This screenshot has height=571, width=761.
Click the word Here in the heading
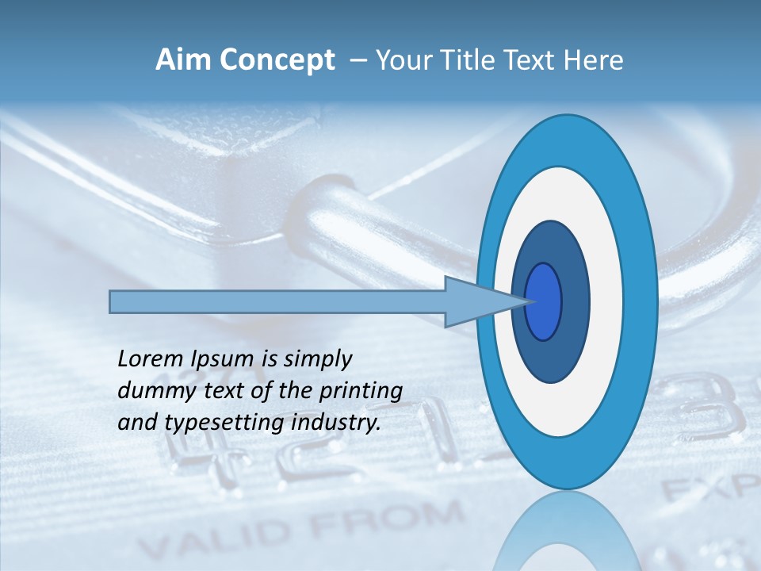[594, 60]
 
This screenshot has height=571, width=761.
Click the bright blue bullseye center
[544, 302]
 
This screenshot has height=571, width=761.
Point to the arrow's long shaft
[277, 302]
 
